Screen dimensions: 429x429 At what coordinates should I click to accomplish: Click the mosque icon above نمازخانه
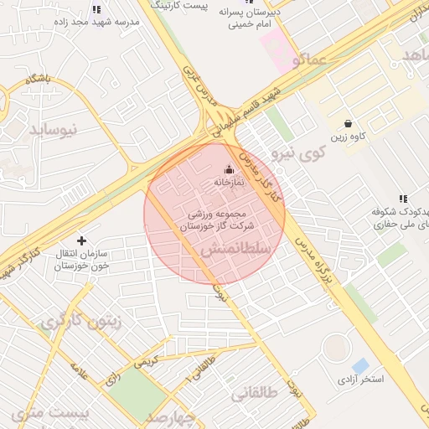(x=229, y=170)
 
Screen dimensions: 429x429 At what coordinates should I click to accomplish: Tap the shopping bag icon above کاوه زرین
(x=349, y=123)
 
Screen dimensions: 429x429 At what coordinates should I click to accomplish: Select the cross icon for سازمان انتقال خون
(x=81, y=241)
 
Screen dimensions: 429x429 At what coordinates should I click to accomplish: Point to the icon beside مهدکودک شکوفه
(x=403, y=199)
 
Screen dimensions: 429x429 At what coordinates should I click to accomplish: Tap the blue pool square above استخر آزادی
(x=360, y=366)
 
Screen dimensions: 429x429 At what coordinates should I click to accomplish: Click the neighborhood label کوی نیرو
(x=297, y=152)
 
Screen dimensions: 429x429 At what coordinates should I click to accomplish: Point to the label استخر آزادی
(x=359, y=380)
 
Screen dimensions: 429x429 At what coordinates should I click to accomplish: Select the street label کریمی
(x=147, y=361)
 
